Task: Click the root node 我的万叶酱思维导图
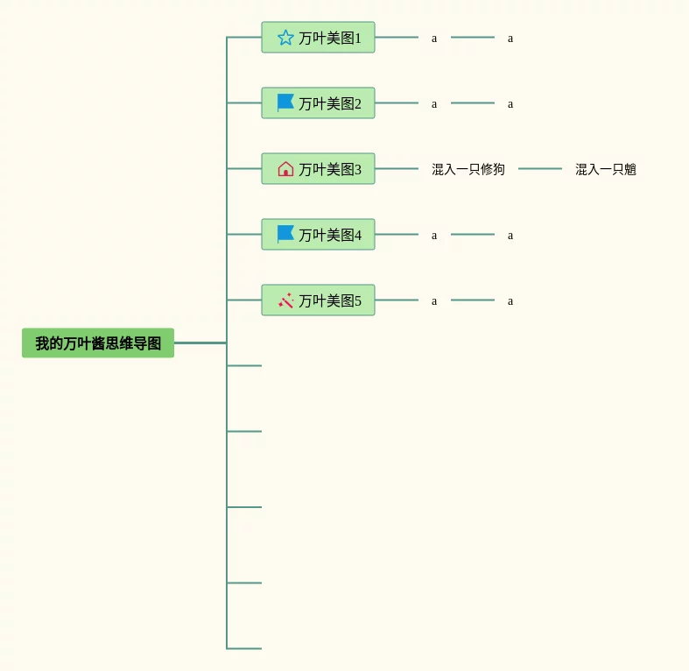[x=98, y=343]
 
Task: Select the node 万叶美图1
[x=318, y=38]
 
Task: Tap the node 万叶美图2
[x=318, y=102]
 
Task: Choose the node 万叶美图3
[x=318, y=169]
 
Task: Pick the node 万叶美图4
[x=318, y=235]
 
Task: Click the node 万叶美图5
[x=318, y=300]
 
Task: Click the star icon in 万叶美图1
[x=285, y=38]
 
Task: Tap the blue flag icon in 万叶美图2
[x=285, y=102]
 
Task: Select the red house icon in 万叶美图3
[x=285, y=169]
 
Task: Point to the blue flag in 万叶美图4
[x=285, y=234]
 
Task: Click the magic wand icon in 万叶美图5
[x=285, y=300]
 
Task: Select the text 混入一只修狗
[x=468, y=169]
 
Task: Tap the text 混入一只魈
[x=606, y=169]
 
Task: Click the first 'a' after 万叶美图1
[x=434, y=39]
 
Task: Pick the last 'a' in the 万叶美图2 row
[x=510, y=104]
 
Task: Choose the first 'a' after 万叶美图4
[x=434, y=236]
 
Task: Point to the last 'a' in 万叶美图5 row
[x=510, y=301]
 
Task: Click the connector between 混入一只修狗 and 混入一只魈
[x=540, y=168]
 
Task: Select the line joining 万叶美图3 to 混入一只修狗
[x=397, y=168]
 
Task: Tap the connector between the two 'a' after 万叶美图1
[x=473, y=37]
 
